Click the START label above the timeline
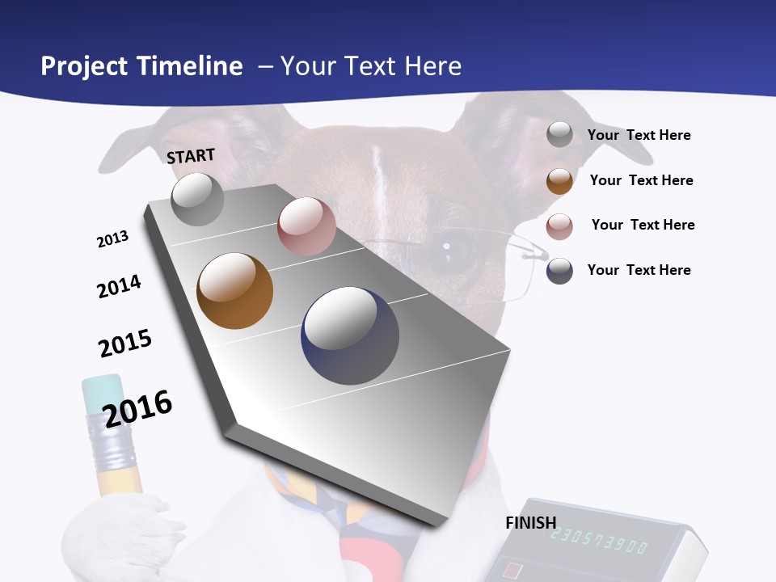tap(191, 155)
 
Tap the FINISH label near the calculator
tap(530, 523)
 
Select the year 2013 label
tap(112, 239)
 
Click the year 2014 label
tap(119, 286)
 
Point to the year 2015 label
tap(125, 343)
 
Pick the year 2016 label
tap(138, 408)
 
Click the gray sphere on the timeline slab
tap(198, 199)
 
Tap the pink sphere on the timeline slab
tap(306, 226)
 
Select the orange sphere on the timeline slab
tap(235, 291)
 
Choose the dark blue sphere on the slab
tap(350, 335)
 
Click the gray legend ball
tap(559, 134)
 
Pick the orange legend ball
tap(559, 181)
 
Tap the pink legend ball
tap(559, 226)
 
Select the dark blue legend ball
tap(559, 271)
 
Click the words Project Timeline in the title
tap(141, 66)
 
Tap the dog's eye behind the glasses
tap(458, 252)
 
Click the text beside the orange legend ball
tap(641, 180)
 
